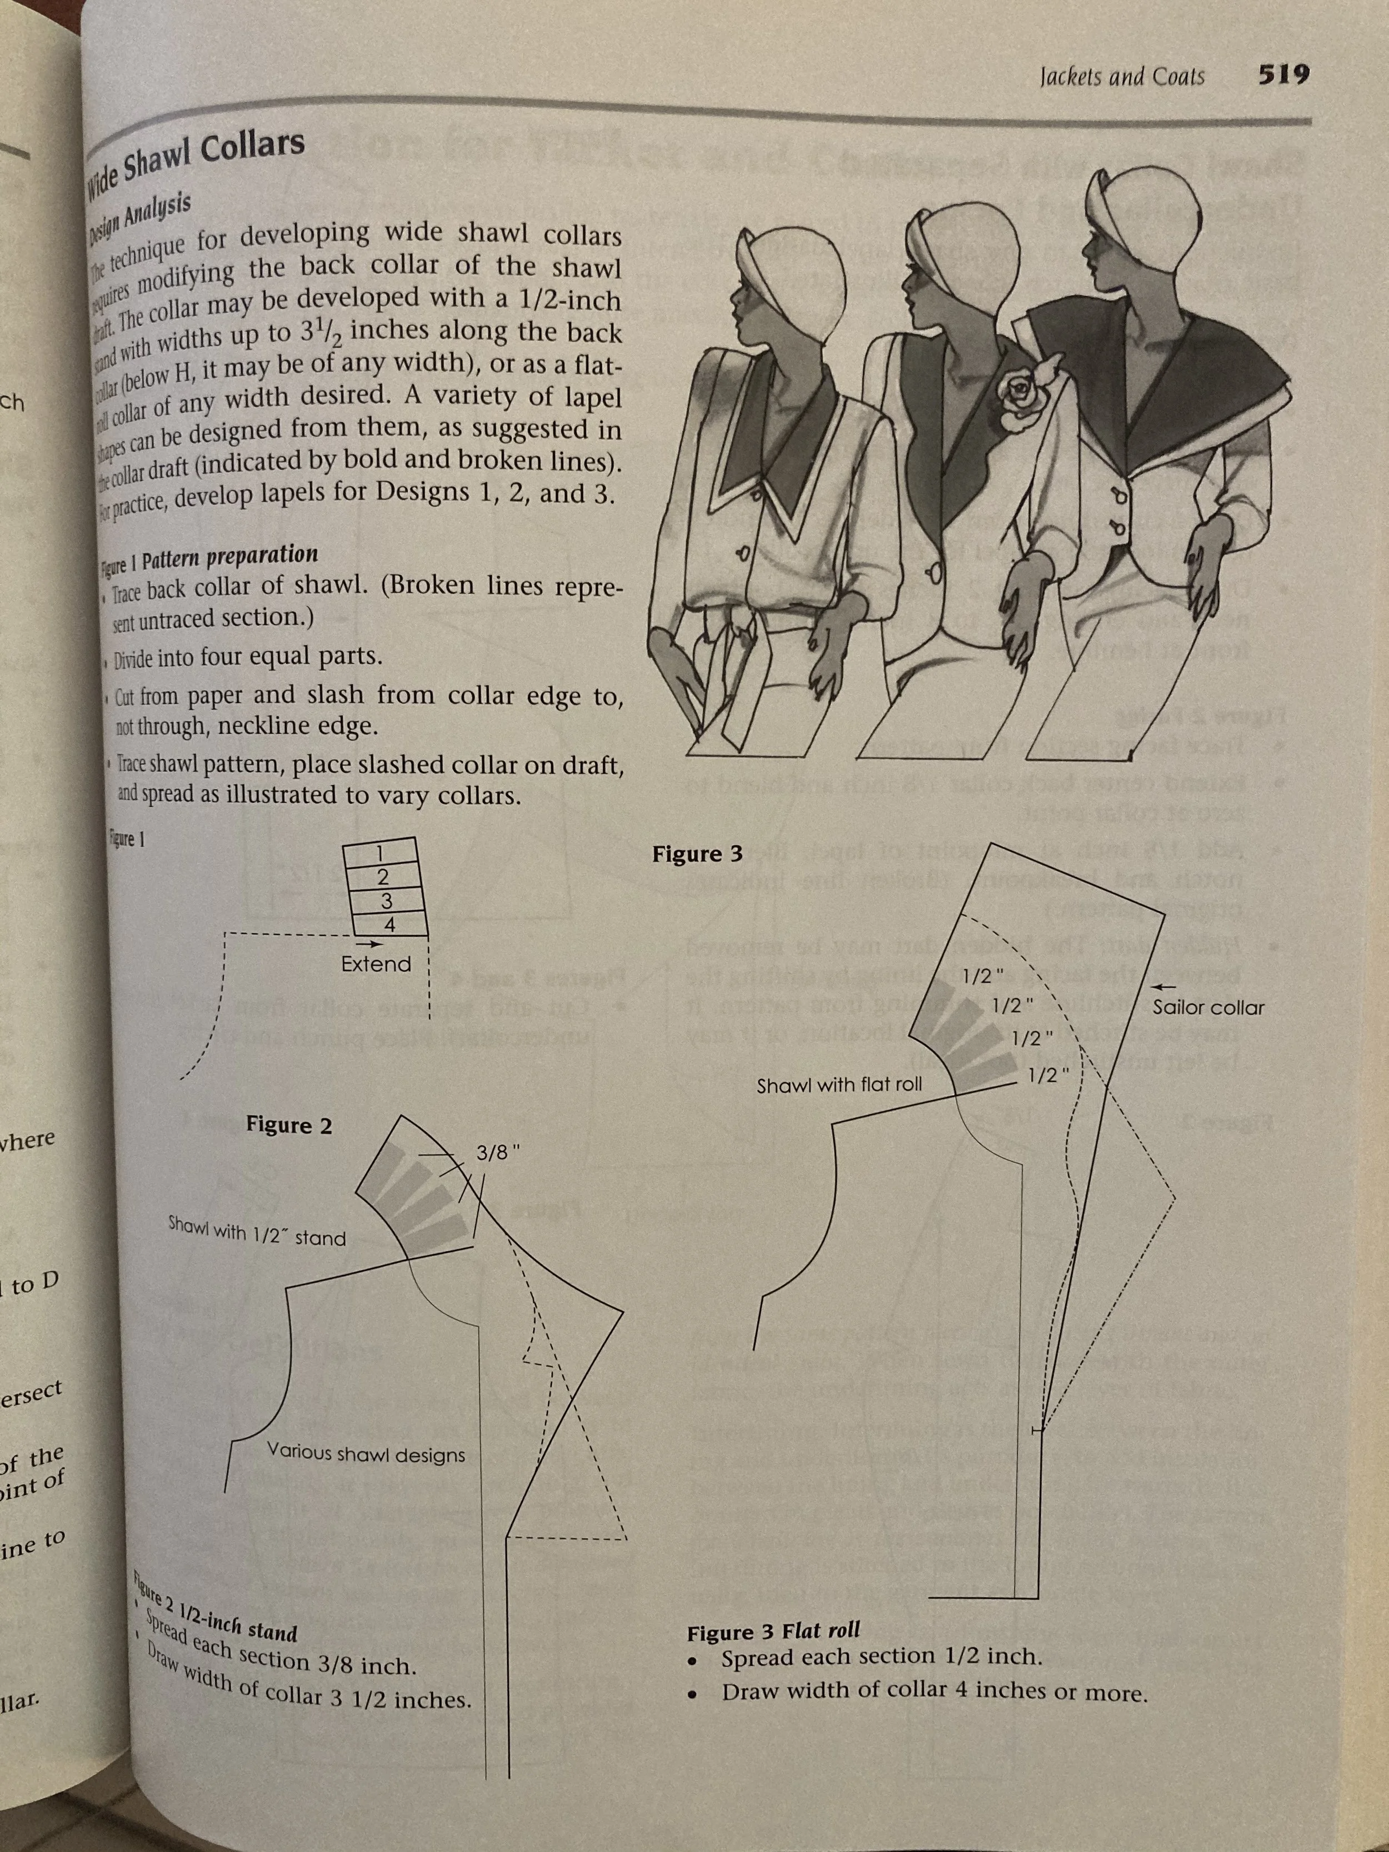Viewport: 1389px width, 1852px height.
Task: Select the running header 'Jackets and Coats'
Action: pyautogui.click(x=1122, y=77)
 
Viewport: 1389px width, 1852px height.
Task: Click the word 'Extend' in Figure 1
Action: pyautogui.click(x=376, y=964)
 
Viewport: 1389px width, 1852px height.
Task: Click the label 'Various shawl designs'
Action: pyautogui.click(x=366, y=1452)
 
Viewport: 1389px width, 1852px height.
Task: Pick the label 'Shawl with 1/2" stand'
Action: pyautogui.click(x=257, y=1230)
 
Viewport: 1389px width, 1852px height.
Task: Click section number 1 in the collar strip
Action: pyautogui.click(x=379, y=853)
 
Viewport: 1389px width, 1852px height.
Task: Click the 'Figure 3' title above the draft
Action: pyautogui.click(x=697, y=854)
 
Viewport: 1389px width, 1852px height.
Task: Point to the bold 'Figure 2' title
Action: pyautogui.click(x=289, y=1125)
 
